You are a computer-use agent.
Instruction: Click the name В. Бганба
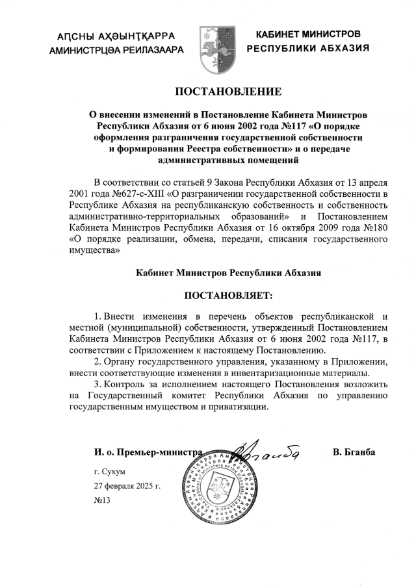pos(354,452)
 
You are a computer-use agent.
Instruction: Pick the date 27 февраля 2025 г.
pos(127,485)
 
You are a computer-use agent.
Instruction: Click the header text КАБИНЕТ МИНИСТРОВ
pos(307,34)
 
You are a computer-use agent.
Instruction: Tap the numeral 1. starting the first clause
pos(99,315)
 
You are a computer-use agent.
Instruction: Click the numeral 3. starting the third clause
pos(99,385)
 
